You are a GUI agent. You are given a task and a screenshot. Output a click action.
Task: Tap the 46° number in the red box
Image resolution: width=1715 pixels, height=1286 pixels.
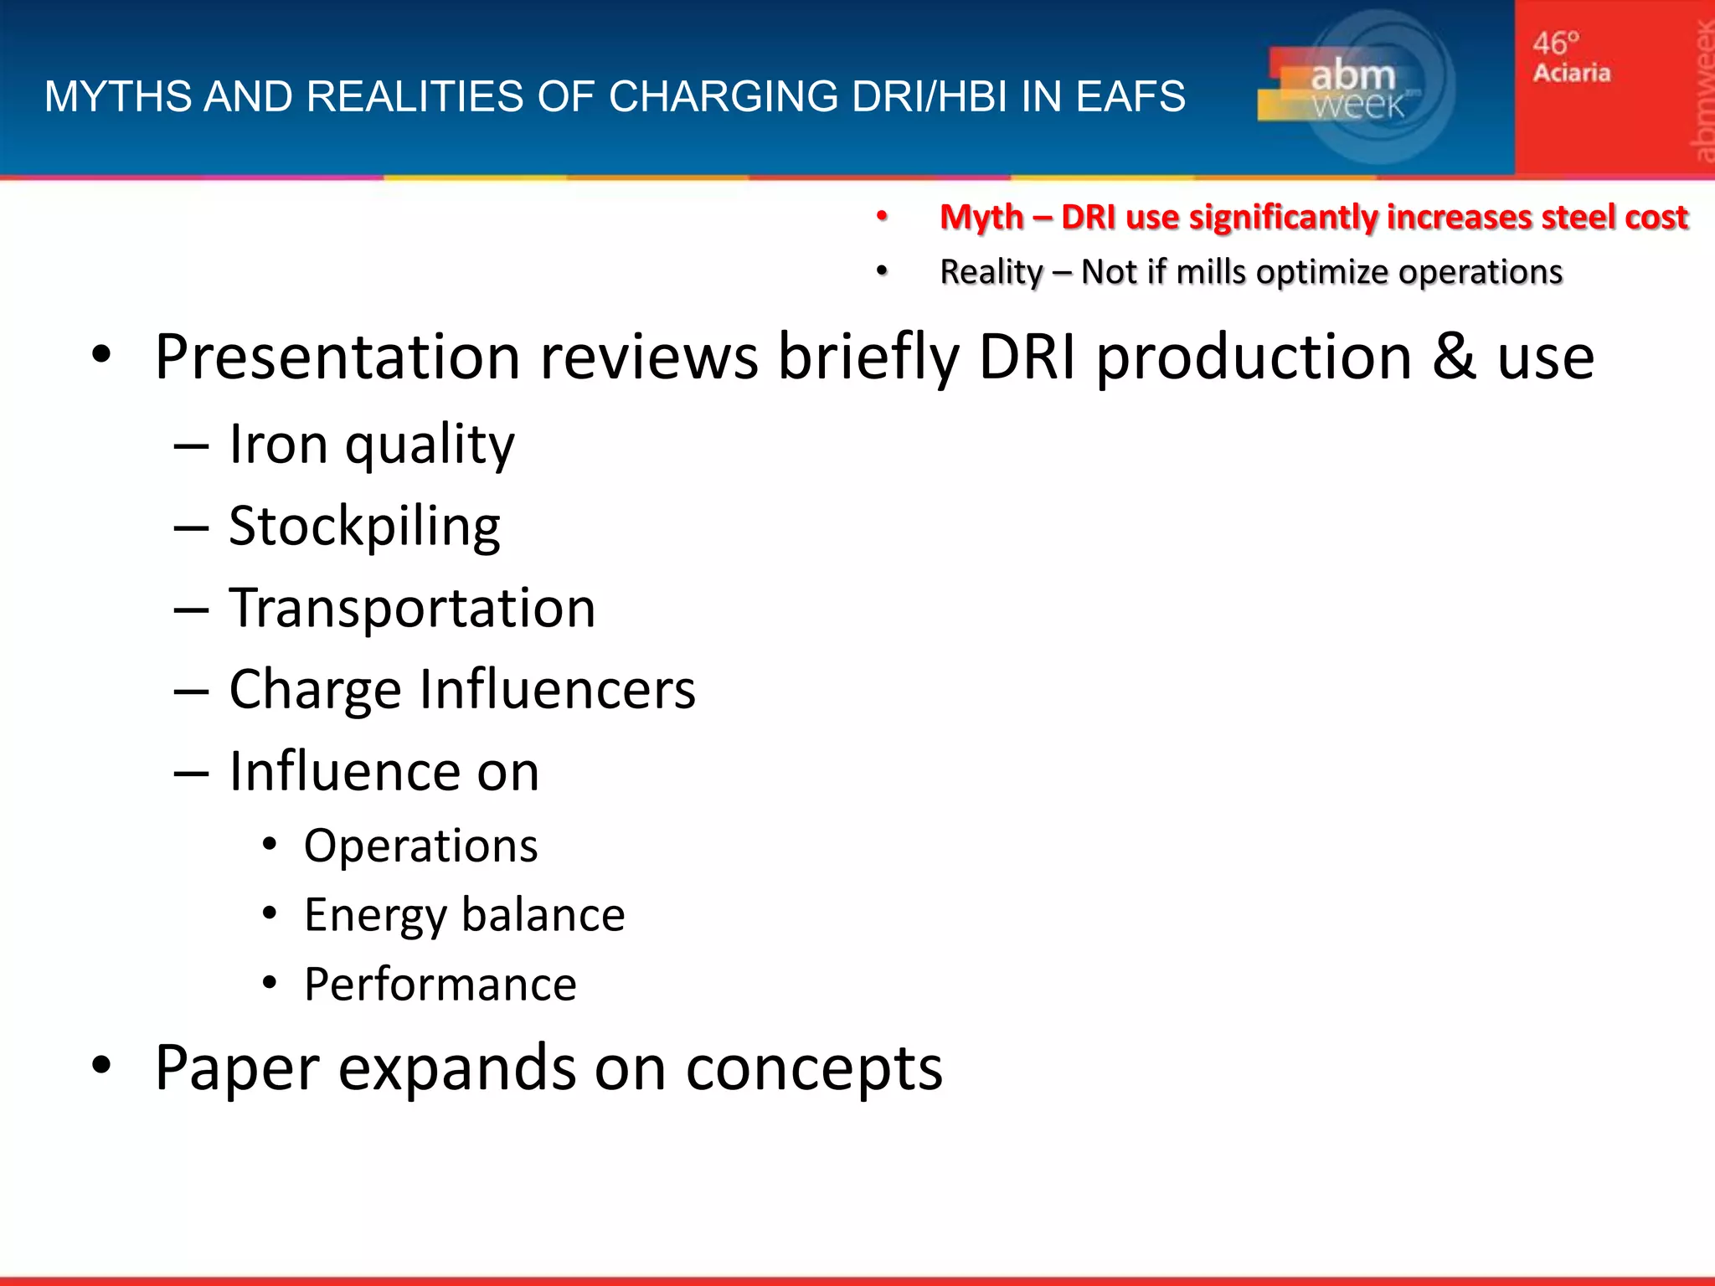coord(1556,43)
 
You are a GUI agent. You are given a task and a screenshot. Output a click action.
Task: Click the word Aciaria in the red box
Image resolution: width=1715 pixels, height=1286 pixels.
coord(1572,73)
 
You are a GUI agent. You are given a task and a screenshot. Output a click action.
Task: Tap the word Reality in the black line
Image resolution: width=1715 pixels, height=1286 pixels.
coord(991,272)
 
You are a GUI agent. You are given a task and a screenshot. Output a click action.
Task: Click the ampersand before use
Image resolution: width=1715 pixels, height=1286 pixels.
coord(1454,358)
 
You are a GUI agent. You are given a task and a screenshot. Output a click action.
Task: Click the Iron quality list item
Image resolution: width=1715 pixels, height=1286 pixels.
coord(371,444)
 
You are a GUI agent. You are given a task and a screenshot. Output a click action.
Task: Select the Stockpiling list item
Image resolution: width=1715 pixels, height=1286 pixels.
coord(364,526)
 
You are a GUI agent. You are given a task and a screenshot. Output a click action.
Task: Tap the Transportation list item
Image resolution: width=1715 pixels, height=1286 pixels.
coord(412,607)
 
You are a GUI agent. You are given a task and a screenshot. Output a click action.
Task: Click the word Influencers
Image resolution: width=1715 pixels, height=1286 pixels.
coord(557,689)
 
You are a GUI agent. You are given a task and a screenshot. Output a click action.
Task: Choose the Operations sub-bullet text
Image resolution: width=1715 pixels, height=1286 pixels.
coord(420,846)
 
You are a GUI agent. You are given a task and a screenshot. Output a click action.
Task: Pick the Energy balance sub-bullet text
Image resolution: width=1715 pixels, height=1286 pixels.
coord(464,914)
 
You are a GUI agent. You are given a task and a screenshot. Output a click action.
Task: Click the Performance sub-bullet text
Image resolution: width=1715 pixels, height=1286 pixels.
coord(440,984)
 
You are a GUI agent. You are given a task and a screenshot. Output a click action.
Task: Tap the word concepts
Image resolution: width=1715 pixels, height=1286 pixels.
coord(814,1068)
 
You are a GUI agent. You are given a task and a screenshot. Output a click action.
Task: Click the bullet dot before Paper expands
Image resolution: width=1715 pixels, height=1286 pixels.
coord(101,1066)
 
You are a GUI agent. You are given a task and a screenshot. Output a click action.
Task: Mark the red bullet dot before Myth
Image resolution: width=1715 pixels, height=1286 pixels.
coord(881,217)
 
